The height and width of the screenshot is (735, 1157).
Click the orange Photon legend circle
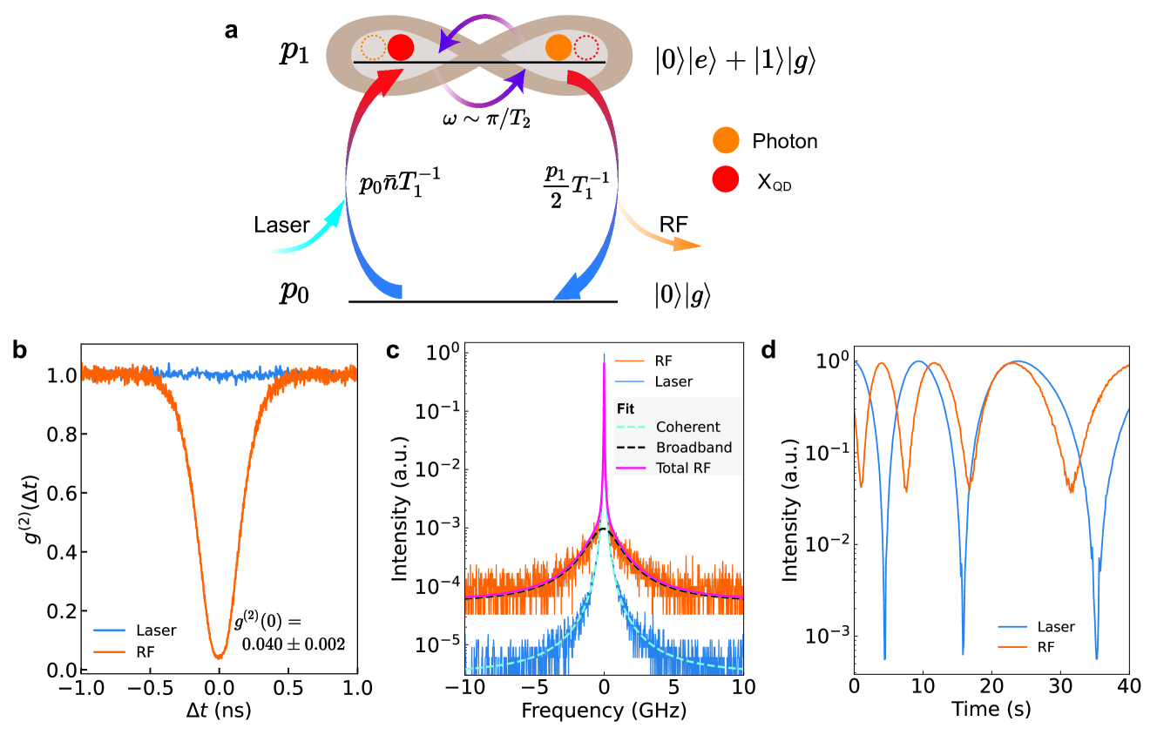point(726,140)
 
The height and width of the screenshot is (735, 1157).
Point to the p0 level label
point(294,292)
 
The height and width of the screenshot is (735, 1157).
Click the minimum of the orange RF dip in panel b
point(219,656)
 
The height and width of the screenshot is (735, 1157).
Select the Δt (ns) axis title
point(219,710)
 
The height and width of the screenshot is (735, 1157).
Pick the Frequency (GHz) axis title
point(603,710)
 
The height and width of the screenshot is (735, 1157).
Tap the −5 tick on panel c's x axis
point(533,688)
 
